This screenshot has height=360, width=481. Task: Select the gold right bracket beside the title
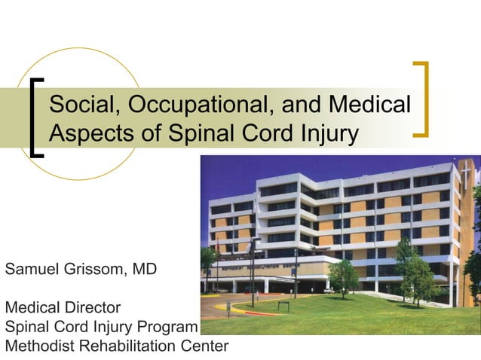(x=422, y=99)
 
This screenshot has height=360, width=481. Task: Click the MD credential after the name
(x=143, y=268)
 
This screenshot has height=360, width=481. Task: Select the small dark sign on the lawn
(x=283, y=305)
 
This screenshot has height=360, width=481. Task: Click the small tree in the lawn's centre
(x=343, y=276)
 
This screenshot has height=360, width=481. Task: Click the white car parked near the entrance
(x=328, y=290)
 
